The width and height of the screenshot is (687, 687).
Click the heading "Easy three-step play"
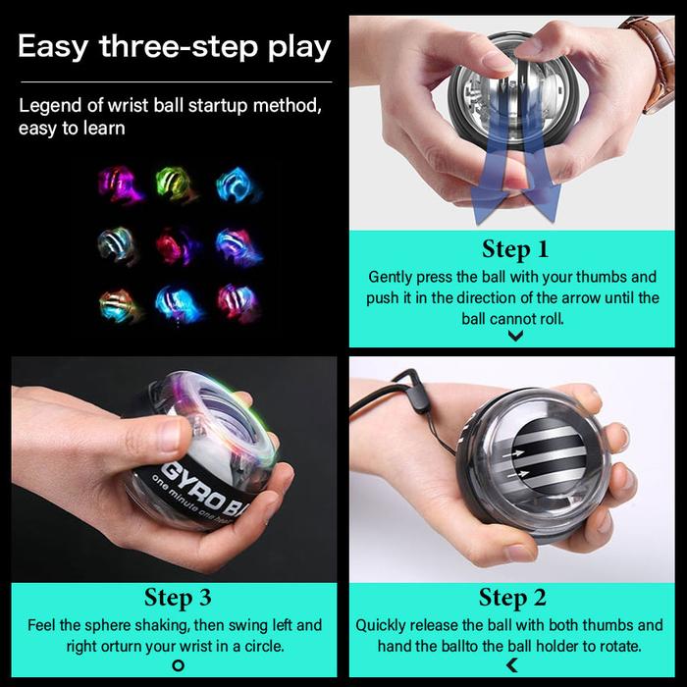(174, 46)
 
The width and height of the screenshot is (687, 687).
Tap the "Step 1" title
(514, 249)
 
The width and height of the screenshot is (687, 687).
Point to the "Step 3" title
(178, 598)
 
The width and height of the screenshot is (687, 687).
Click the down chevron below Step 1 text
(515, 336)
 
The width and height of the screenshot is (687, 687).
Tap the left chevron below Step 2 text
(511, 666)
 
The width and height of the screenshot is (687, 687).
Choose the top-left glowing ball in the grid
(120, 184)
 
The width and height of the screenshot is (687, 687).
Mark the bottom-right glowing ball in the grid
(237, 300)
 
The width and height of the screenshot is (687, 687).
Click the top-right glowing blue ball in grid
(237, 184)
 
